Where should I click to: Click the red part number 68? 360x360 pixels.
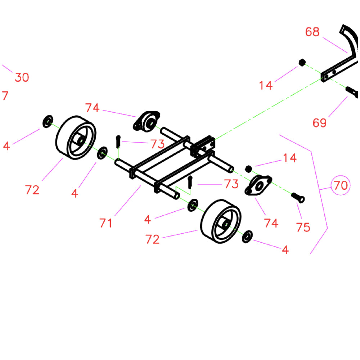(312, 32)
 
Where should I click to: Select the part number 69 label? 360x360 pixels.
(319, 123)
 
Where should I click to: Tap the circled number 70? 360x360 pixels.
(340, 185)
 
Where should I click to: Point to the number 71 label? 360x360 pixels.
(106, 223)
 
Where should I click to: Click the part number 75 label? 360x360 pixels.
(303, 228)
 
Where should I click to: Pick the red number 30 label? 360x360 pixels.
(22, 77)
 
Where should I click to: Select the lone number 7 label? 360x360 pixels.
(5, 96)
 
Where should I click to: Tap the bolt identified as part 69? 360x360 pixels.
(352, 92)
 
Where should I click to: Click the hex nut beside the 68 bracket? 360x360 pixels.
(302, 63)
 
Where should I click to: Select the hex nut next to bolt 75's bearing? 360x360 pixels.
(248, 168)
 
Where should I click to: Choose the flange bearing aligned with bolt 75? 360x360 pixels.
(259, 185)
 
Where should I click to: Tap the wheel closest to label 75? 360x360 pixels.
(220, 222)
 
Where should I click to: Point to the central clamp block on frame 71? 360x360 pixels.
(203, 146)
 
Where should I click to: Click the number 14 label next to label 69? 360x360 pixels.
(266, 85)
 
